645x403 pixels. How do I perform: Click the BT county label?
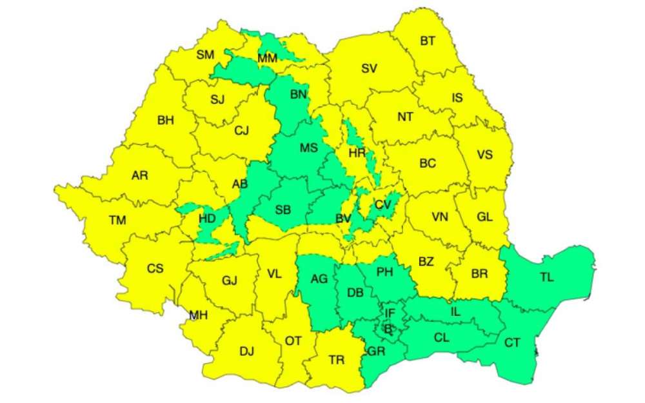(x=428, y=41)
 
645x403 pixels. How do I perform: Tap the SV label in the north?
(x=369, y=69)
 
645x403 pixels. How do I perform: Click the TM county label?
(x=117, y=221)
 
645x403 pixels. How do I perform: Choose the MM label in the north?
(x=267, y=59)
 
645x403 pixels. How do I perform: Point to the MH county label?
(x=199, y=315)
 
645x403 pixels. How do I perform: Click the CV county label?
(x=383, y=205)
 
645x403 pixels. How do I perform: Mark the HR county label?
(x=357, y=153)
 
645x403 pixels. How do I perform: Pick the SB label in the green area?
(x=283, y=209)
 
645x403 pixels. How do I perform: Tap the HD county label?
(x=207, y=219)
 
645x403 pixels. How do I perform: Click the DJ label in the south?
(x=246, y=351)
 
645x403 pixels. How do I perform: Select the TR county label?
(x=336, y=360)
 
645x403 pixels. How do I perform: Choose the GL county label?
(x=484, y=217)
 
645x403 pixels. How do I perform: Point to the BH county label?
(x=165, y=120)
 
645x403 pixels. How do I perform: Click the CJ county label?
(x=241, y=132)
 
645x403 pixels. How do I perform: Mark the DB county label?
(x=355, y=293)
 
